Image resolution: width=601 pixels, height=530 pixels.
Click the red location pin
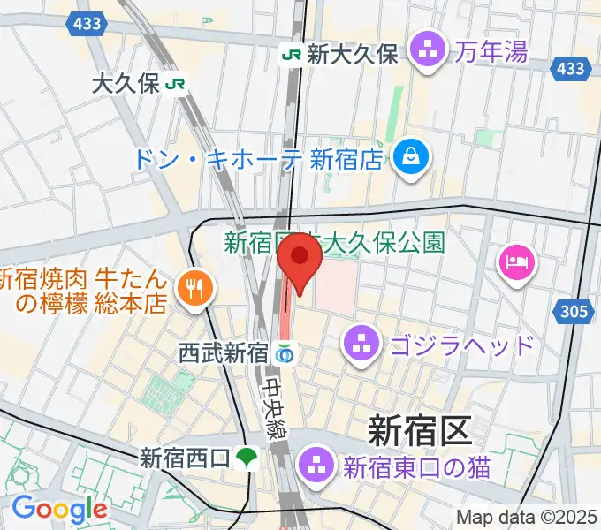tap(300, 261)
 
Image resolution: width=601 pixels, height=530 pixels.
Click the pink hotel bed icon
tap(516, 261)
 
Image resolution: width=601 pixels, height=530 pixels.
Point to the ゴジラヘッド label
tap(460, 344)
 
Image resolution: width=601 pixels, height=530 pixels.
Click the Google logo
tap(59, 509)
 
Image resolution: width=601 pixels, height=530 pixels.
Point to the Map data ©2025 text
tap(527, 517)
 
